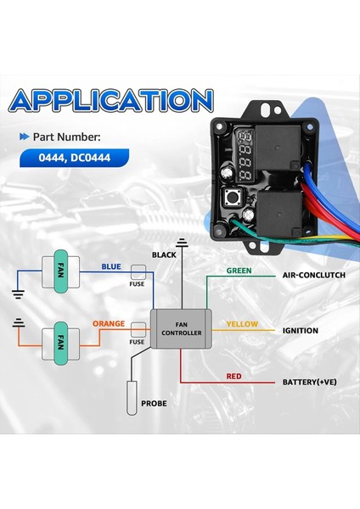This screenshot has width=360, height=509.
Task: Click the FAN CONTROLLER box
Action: click(x=179, y=328)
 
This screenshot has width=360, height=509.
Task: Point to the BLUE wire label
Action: click(x=111, y=266)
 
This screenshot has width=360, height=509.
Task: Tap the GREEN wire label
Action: click(x=239, y=271)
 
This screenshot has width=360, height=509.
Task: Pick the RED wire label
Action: click(x=234, y=376)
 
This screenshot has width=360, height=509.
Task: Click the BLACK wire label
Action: click(x=164, y=255)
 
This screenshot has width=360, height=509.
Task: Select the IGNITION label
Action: click(x=300, y=330)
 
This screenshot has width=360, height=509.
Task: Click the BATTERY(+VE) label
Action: click(x=310, y=382)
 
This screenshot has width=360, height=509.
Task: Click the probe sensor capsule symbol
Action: click(x=133, y=400)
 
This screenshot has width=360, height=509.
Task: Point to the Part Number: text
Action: click(x=70, y=136)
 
